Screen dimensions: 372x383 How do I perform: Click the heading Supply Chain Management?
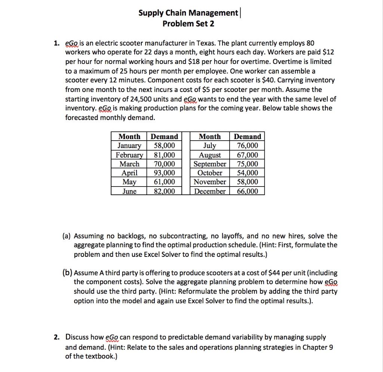pyautogui.click(x=188, y=13)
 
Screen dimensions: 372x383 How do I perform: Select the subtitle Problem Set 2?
pyautogui.click(x=189, y=24)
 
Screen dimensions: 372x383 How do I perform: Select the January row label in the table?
pyautogui.click(x=129, y=146)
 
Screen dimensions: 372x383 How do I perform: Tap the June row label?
pyautogui.click(x=129, y=191)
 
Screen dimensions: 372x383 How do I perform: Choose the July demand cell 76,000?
pyautogui.click(x=247, y=146)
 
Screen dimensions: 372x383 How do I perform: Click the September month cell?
pyautogui.click(x=209, y=164)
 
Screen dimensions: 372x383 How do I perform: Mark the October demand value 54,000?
pyautogui.click(x=247, y=173)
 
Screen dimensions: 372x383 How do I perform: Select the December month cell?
pyautogui.click(x=209, y=191)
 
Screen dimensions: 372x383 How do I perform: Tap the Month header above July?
pyautogui.click(x=209, y=137)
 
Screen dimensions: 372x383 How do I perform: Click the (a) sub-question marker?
pyautogui.click(x=67, y=236)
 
